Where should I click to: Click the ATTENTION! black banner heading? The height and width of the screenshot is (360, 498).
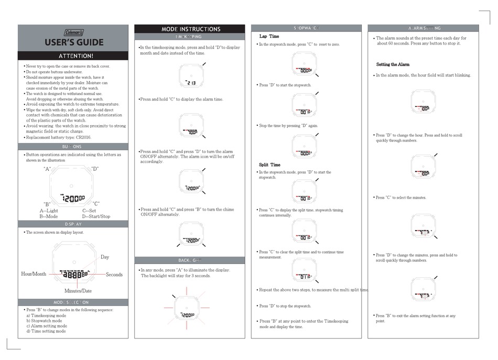[x=73, y=56]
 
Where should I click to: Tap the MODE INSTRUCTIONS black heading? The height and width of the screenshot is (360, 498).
[x=190, y=29]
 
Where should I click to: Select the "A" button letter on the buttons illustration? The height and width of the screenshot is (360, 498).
[x=46, y=169]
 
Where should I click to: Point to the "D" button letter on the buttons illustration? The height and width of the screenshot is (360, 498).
[x=95, y=169]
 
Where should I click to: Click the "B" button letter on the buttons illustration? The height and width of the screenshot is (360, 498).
[x=46, y=204]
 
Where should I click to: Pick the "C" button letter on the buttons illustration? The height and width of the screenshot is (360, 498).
[x=96, y=203]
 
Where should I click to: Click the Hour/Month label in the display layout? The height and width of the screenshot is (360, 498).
[x=34, y=274]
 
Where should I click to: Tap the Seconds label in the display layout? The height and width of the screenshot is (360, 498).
[x=114, y=275]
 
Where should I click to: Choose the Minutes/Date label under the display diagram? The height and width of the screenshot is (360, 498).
[x=78, y=291]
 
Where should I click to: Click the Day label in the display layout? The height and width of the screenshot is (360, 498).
[x=105, y=257]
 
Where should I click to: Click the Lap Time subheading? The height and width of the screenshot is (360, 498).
[x=269, y=36]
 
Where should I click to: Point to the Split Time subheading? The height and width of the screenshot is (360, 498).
[x=269, y=165]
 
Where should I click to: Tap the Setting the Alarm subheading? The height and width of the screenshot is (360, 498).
[x=393, y=64]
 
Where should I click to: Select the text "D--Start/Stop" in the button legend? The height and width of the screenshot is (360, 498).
[x=96, y=216]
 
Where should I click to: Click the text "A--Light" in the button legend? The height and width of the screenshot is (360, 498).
[x=49, y=211]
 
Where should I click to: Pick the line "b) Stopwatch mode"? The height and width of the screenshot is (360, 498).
[x=44, y=321]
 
